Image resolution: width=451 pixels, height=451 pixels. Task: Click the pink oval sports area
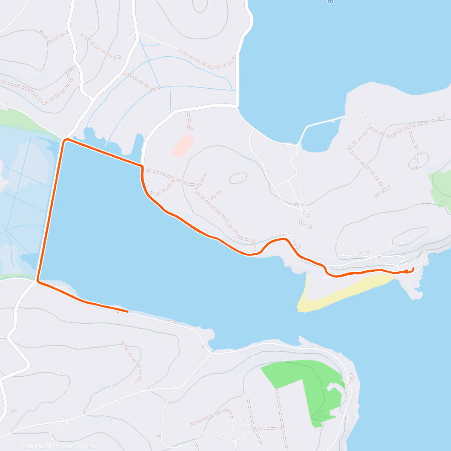pos(183,146)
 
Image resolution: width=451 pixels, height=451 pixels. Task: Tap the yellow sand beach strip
pos(338,292)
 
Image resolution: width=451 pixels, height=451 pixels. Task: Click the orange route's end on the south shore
pos(128,311)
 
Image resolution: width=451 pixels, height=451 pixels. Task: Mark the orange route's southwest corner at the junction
pos(38,280)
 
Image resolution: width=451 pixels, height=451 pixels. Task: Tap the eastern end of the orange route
pos(413,268)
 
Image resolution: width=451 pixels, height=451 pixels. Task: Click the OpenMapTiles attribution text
pos(37,446)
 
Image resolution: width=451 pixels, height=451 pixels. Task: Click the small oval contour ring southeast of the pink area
pos(238,178)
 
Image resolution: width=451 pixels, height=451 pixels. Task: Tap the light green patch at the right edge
pos(441,188)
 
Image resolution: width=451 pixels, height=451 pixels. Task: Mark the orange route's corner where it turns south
pos(142,166)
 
